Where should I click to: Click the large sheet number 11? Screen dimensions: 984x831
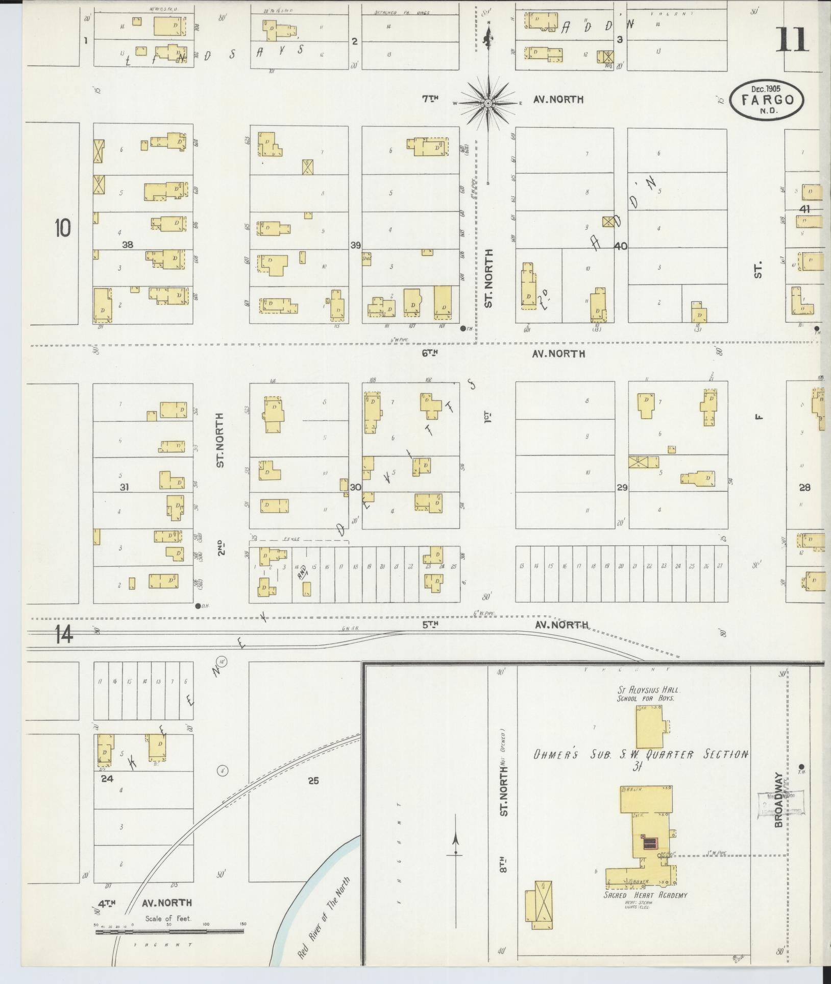pyautogui.click(x=793, y=40)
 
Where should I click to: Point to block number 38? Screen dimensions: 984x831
pyautogui.click(x=127, y=245)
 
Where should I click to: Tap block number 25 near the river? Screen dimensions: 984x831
pyautogui.click(x=313, y=781)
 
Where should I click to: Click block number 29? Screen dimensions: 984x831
pyautogui.click(x=622, y=488)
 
